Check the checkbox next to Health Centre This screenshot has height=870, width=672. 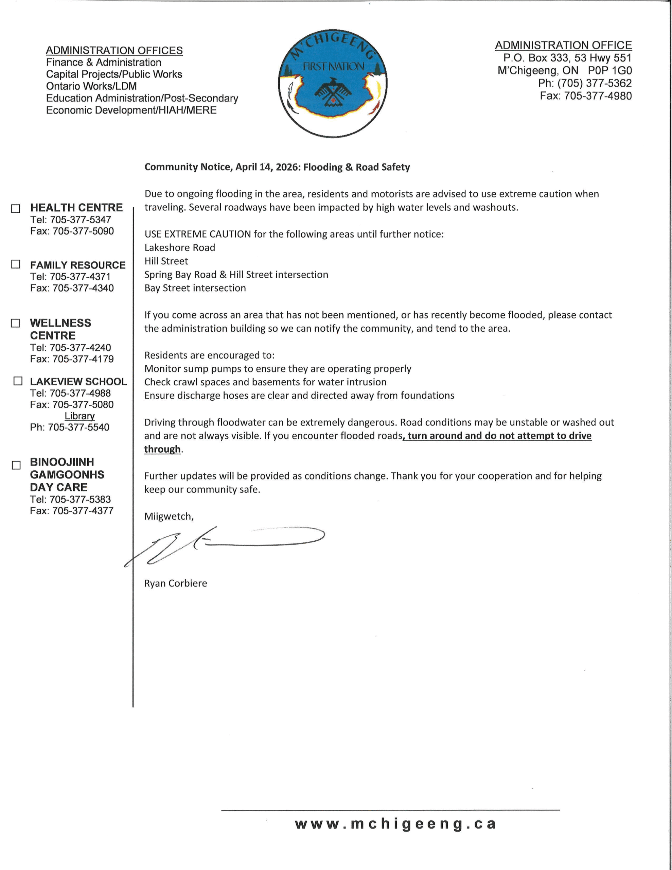pyautogui.click(x=16, y=208)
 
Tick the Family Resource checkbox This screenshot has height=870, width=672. pyautogui.click(x=16, y=264)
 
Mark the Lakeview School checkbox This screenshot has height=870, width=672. pyautogui.click(x=18, y=381)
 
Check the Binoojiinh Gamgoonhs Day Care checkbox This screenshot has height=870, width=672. pyautogui.click(x=16, y=465)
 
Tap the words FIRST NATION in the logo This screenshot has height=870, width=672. pyautogui.click(x=333, y=67)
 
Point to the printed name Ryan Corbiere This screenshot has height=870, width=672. pyautogui.click(x=175, y=583)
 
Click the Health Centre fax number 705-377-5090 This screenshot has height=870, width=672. pyautogui.click(x=83, y=231)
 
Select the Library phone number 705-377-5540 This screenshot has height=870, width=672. pyautogui.click(x=78, y=427)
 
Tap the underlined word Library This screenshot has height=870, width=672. pyautogui.click(x=79, y=416)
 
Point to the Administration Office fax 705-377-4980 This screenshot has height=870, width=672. pyautogui.click(x=598, y=95)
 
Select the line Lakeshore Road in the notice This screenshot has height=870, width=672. pyautogui.click(x=180, y=247)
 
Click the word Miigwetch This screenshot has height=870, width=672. pyautogui.click(x=169, y=516)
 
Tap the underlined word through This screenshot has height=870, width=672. pyautogui.click(x=162, y=449)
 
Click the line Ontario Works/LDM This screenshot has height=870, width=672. pyautogui.click(x=91, y=86)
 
